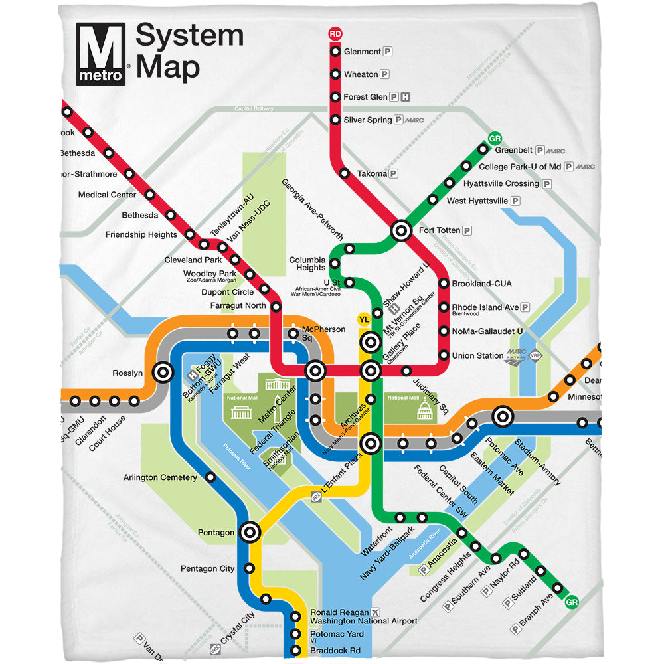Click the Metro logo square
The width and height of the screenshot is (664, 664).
tap(100, 53)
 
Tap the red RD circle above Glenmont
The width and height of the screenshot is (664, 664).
tap(335, 33)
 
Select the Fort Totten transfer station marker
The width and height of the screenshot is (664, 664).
tap(401, 230)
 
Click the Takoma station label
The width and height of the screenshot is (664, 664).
tap(372, 173)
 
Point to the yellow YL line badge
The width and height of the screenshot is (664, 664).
tap(363, 320)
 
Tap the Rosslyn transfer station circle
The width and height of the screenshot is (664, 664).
tap(163, 373)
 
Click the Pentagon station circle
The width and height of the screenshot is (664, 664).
tap(250, 532)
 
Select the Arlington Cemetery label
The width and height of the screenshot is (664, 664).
tap(160, 477)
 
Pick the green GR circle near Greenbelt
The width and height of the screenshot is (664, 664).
tap(493, 139)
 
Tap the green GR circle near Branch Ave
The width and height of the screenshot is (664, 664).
tap(570, 603)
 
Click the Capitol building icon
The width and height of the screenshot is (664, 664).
tap(424, 412)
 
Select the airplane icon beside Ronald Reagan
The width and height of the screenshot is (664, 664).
tap(376, 612)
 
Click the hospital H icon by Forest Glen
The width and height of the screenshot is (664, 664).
tap(406, 97)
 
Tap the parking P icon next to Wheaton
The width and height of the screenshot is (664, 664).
tap(385, 74)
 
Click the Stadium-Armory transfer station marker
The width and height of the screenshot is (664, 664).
tap(503, 417)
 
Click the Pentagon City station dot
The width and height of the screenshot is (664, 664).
tap(250, 568)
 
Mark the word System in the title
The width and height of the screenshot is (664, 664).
tap(189, 37)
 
